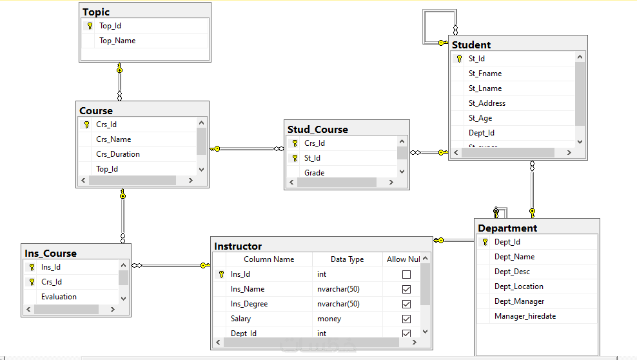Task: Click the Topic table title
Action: [x=96, y=12]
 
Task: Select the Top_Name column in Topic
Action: [x=117, y=41]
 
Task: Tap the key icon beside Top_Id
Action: [x=90, y=26]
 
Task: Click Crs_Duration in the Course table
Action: [x=118, y=154]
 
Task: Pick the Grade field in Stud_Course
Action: [x=315, y=173]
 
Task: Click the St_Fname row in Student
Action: [x=485, y=74]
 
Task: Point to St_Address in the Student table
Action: [x=487, y=103]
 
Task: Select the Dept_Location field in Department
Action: [x=518, y=286]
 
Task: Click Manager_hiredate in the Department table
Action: [x=525, y=316]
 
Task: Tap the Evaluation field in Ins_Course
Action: [x=59, y=297]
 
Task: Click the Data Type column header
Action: [x=347, y=259]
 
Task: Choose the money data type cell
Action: [x=330, y=319]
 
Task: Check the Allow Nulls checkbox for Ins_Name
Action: [x=406, y=289]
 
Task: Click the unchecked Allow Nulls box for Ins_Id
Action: [x=406, y=274]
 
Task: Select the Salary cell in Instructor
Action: [x=241, y=319]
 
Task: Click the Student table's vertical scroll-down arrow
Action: [x=580, y=142]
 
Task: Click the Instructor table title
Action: [x=238, y=246]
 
